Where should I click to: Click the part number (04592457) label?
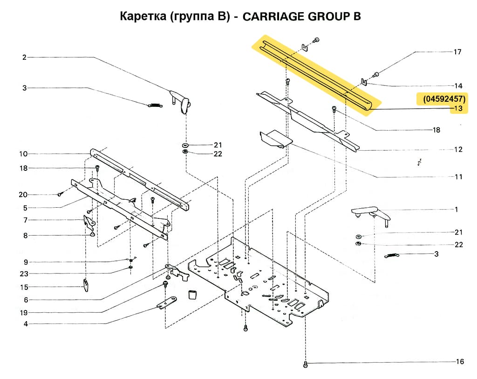point(444,99)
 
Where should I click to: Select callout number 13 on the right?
point(458,109)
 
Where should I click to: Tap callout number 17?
point(457,52)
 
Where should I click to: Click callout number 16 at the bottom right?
point(460,362)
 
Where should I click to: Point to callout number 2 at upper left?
point(24,57)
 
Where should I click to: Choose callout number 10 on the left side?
point(23,154)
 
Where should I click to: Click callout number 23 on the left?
point(24,274)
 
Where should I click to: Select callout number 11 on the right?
point(458,177)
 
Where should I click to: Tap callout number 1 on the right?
point(457,210)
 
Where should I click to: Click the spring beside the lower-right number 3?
point(393,255)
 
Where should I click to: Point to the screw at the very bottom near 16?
point(305,364)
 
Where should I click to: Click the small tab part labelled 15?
point(87,284)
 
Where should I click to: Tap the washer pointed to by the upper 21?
point(185,145)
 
